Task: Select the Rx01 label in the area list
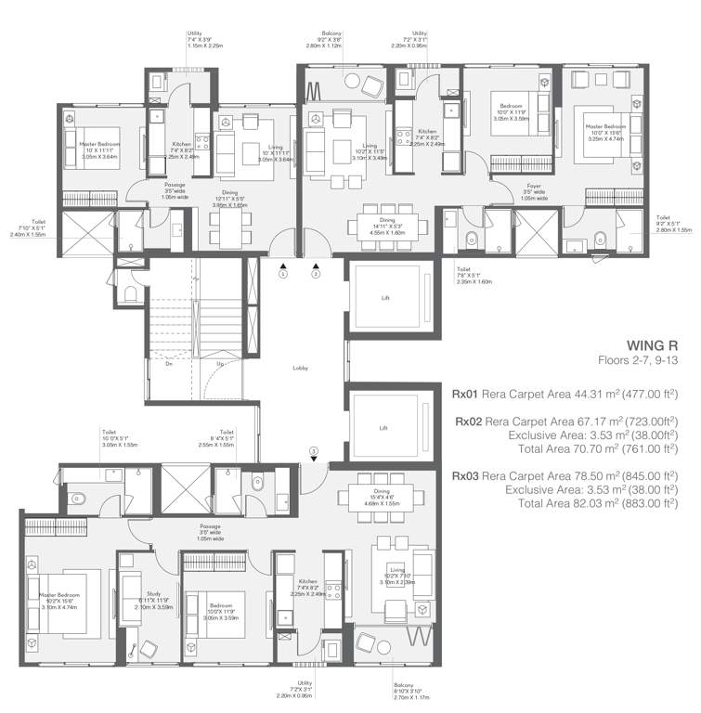466,394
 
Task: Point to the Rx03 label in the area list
466,475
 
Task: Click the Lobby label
300,369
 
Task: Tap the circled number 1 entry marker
285,274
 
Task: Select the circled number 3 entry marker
314,452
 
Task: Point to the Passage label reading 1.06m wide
149,191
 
